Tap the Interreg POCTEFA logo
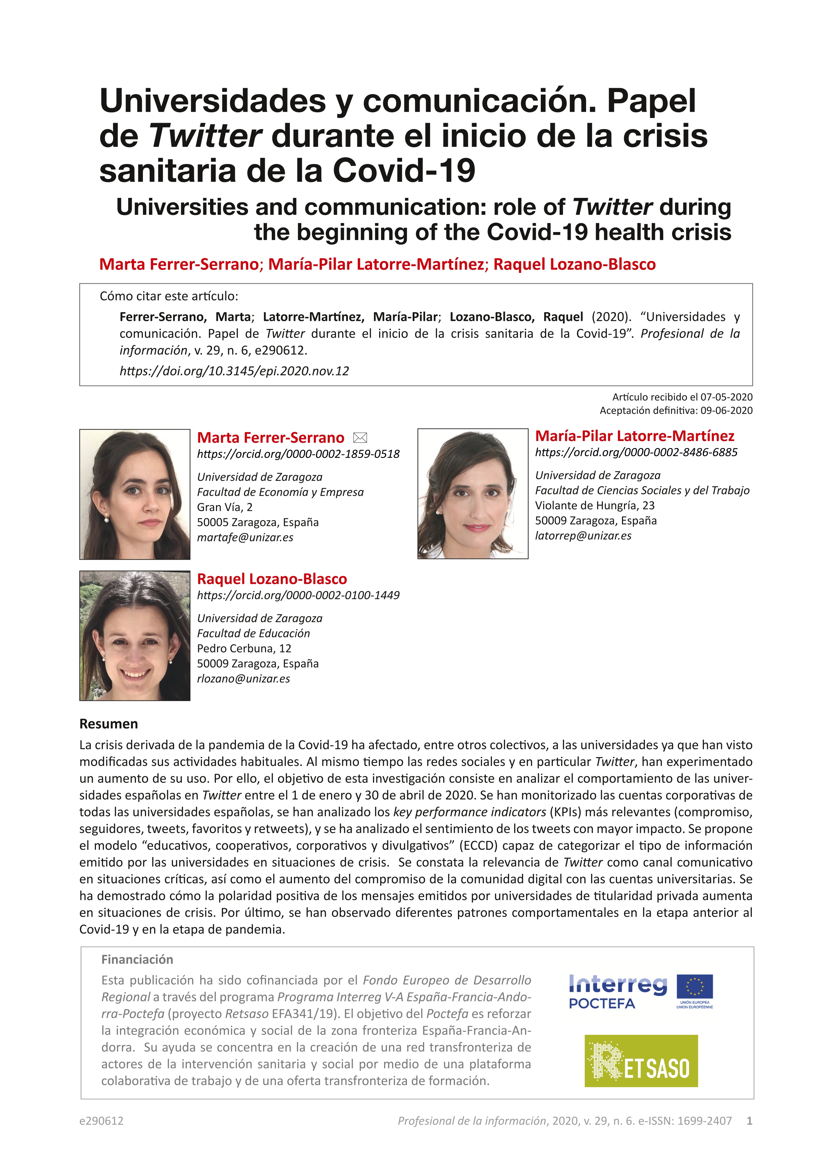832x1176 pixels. (x=618, y=992)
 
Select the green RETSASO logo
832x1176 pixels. (x=641, y=1061)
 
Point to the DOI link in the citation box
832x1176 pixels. (x=234, y=371)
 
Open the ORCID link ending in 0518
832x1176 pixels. (x=298, y=454)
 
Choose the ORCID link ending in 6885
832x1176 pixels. (x=636, y=452)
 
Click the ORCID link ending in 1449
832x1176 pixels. (x=298, y=595)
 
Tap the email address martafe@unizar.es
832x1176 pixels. (x=245, y=537)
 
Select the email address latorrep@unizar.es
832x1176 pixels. (x=583, y=536)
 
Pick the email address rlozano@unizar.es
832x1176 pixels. (x=243, y=679)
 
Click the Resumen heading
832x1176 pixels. (x=109, y=724)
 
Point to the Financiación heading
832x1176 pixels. (x=137, y=959)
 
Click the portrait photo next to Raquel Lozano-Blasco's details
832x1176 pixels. (x=135, y=636)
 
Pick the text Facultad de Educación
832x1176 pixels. (x=254, y=633)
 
